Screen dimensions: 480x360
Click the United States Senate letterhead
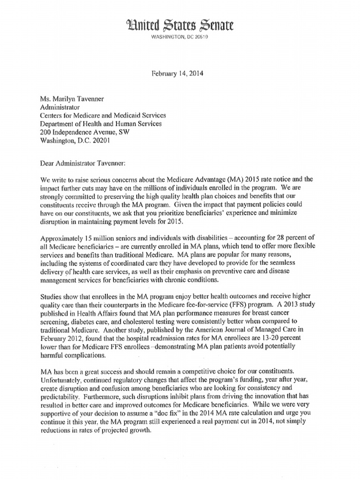coord(180,24)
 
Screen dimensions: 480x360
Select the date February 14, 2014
coord(180,74)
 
